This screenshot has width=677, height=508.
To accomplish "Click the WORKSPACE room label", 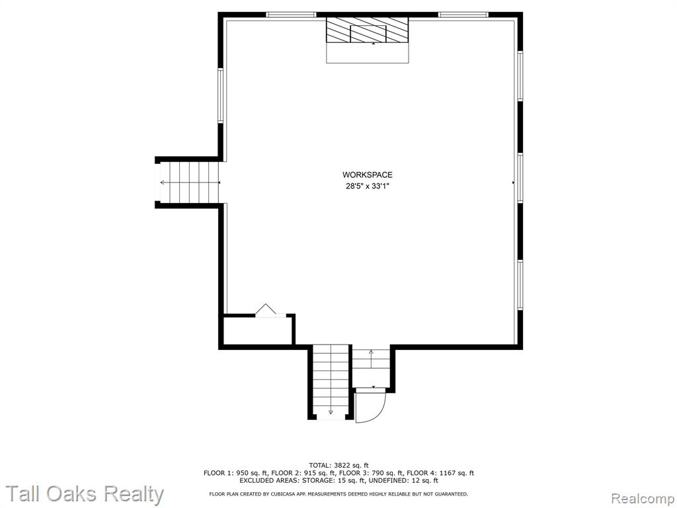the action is pyautogui.click(x=368, y=175).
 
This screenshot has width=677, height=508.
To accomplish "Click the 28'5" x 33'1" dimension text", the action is pyautogui.click(x=368, y=186).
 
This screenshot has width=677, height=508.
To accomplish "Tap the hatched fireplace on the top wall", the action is pyautogui.click(x=367, y=30).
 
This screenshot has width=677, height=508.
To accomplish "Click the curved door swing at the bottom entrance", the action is pyautogui.click(x=372, y=406).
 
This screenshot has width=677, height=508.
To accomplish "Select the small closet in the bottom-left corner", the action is pyautogui.click(x=258, y=331).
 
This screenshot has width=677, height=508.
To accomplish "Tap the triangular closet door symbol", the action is pyautogui.click(x=266, y=310).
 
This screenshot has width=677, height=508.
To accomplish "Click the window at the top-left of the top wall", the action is pyautogui.click(x=291, y=15).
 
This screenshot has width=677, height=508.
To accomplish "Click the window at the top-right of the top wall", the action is pyautogui.click(x=463, y=15).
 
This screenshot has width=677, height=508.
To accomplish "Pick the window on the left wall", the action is pyautogui.click(x=220, y=95).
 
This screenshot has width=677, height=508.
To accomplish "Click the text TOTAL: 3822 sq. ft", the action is pyautogui.click(x=339, y=465).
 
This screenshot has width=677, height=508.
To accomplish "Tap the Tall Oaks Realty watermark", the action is pyautogui.click(x=85, y=493).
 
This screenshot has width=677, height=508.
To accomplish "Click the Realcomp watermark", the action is pyautogui.click(x=643, y=498).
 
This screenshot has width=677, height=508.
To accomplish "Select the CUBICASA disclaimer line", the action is pyautogui.click(x=338, y=493).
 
